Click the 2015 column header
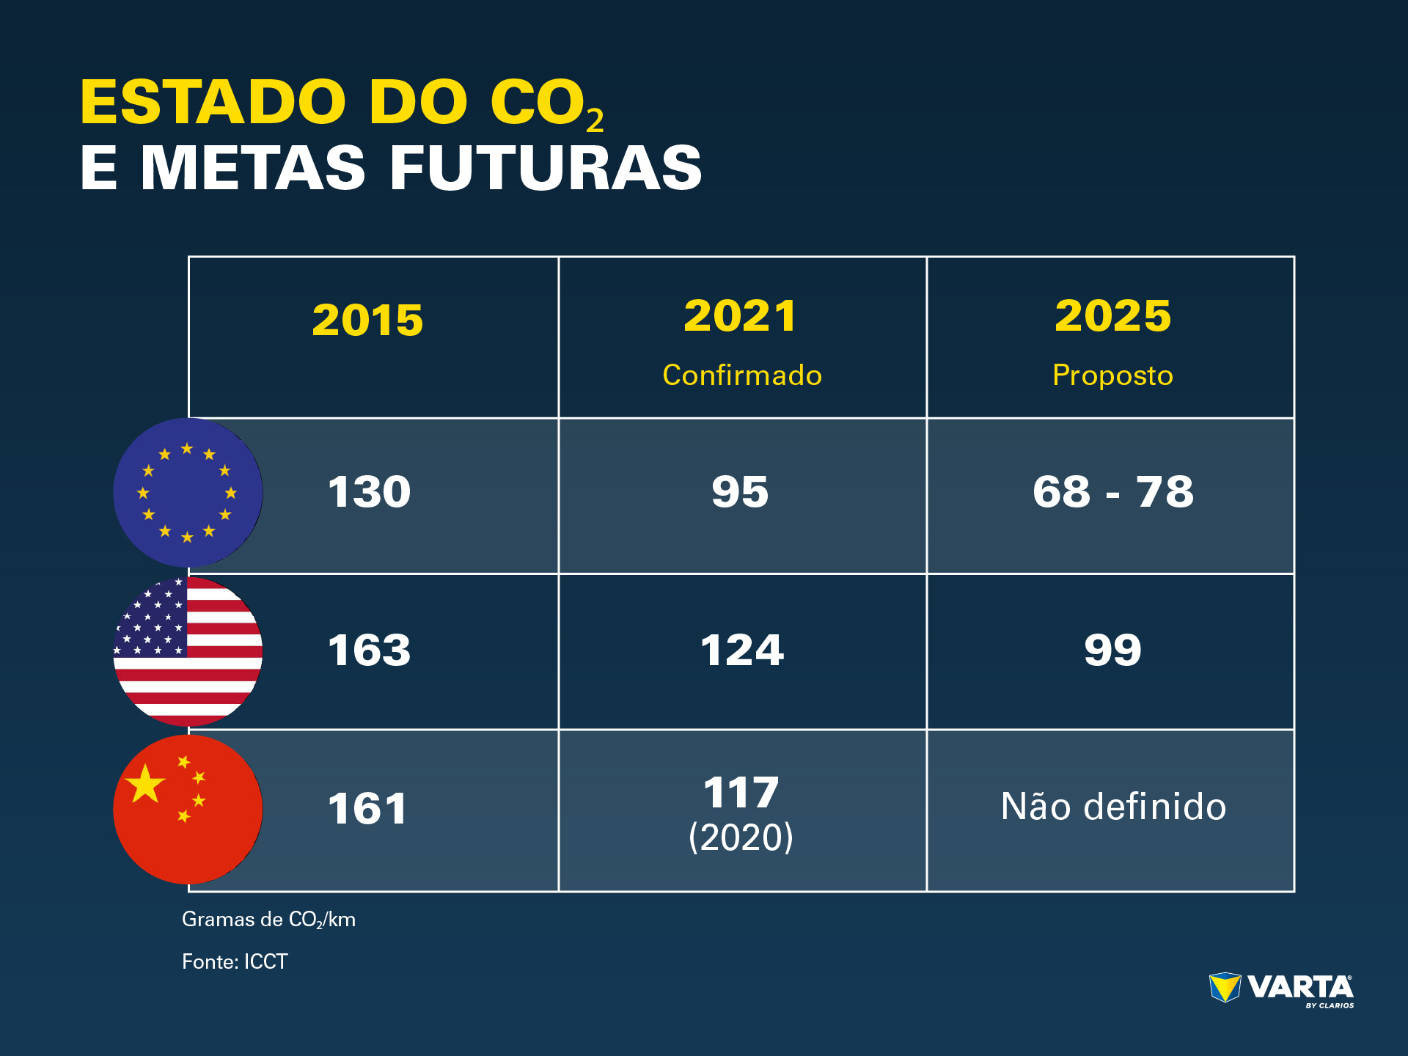[x=367, y=320]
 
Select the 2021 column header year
[x=741, y=316]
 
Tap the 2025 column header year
[x=1112, y=316]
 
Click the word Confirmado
[x=742, y=375]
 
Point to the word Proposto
[x=1112, y=375]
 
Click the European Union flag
[x=188, y=492]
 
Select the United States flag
[x=188, y=651]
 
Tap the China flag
[x=188, y=810]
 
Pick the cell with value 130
[x=369, y=492]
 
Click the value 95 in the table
[x=740, y=492]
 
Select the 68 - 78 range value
[x=1112, y=492]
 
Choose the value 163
[x=369, y=650]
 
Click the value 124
[x=742, y=650]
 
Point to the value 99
[x=1112, y=650]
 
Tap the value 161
[x=367, y=809]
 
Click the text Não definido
[x=1113, y=807]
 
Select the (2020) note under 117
[x=741, y=837]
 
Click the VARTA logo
[x=1281, y=990]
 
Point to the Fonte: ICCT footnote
[x=235, y=961]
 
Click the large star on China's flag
[x=145, y=784]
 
